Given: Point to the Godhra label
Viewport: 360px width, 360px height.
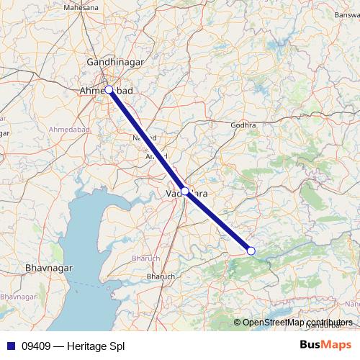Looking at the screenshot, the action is tap(243, 125).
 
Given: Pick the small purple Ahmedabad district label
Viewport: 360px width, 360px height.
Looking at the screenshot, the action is tap(70, 129).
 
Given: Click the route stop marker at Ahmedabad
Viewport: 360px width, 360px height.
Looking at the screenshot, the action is tap(109, 90).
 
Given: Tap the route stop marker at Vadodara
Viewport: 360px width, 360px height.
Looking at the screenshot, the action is tap(185, 192).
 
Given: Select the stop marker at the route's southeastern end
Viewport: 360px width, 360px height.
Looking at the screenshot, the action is tap(251, 251).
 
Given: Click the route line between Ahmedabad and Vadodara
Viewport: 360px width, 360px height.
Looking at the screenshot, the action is tap(147, 141).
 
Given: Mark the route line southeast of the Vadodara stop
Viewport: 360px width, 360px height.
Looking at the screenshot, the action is tap(218, 221).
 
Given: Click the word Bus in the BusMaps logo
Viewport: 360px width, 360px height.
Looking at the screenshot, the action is tap(312, 344).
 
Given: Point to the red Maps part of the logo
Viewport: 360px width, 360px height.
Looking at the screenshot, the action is tap(338, 344).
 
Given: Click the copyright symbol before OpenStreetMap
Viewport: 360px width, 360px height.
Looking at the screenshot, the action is tap(237, 322).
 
